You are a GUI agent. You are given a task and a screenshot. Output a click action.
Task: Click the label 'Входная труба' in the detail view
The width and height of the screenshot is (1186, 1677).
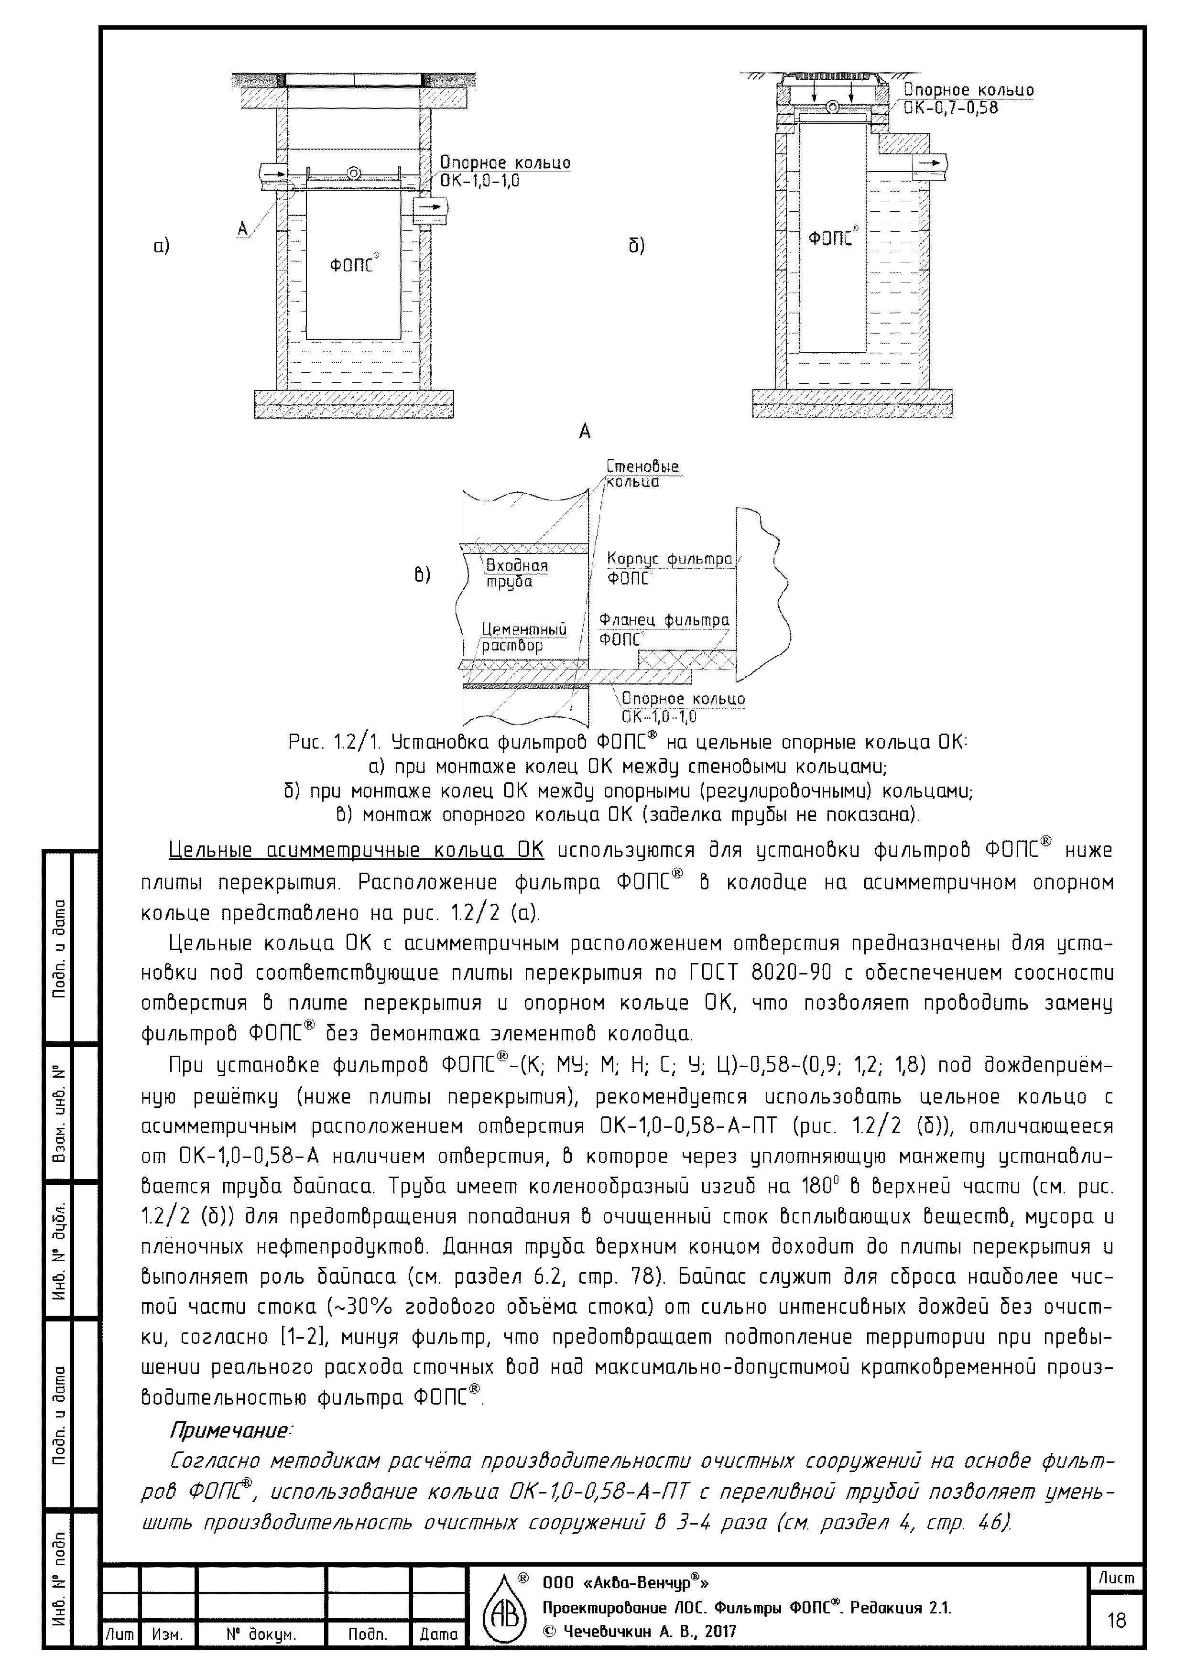click(x=517, y=573)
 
